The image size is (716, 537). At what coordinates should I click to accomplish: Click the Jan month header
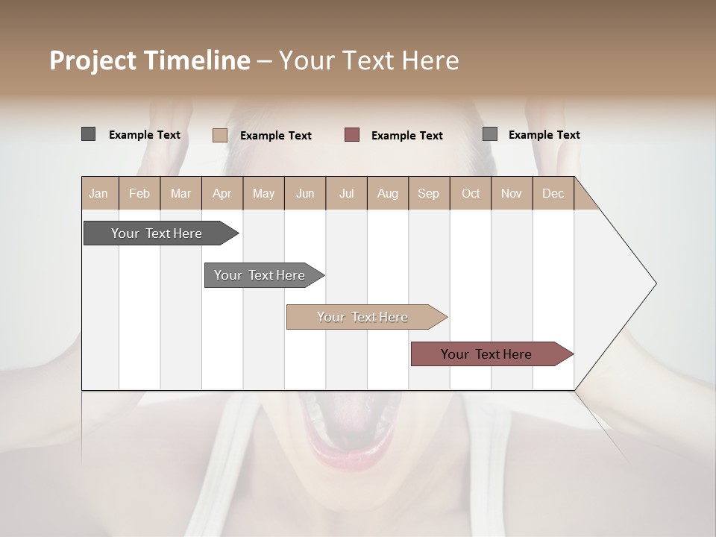pyautogui.click(x=98, y=193)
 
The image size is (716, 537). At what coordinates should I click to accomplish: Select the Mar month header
pyautogui.click(x=180, y=193)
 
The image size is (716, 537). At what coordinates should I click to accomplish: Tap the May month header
pyautogui.click(x=263, y=193)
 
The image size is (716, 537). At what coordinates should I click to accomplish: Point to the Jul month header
pyautogui.click(x=346, y=193)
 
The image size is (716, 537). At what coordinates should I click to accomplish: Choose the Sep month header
pyautogui.click(x=428, y=193)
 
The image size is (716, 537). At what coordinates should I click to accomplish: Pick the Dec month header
pyautogui.click(x=553, y=193)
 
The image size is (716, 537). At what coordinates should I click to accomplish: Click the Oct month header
pyautogui.click(x=471, y=193)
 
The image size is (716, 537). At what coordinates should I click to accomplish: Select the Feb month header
pyautogui.click(x=139, y=193)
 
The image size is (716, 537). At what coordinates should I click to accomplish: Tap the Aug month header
pyautogui.click(x=387, y=193)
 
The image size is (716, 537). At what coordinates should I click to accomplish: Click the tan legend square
pyautogui.click(x=220, y=135)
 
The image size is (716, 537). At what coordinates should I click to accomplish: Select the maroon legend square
pyautogui.click(x=352, y=134)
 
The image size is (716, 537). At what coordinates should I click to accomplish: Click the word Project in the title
pyautogui.click(x=93, y=60)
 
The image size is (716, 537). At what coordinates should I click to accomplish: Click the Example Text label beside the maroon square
pyautogui.click(x=407, y=135)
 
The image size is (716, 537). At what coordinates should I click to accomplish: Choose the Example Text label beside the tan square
pyautogui.click(x=276, y=135)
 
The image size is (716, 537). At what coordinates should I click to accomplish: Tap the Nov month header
pyautogui.click(x=511, y=193)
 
